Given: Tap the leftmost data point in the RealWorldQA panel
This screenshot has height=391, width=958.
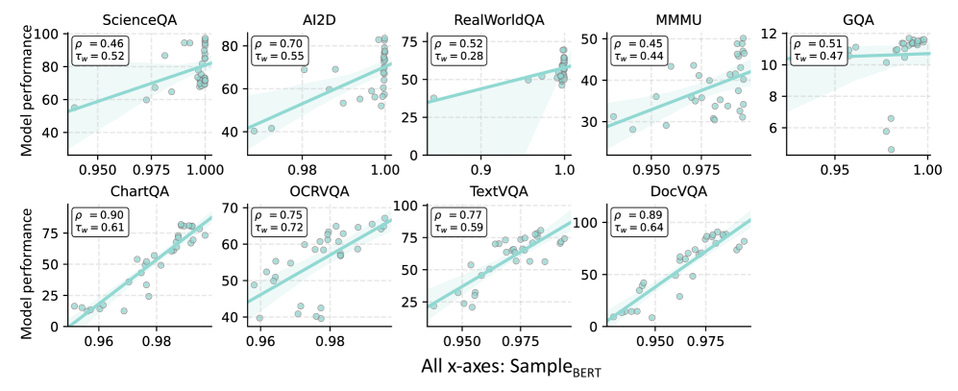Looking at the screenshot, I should point(433,98).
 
